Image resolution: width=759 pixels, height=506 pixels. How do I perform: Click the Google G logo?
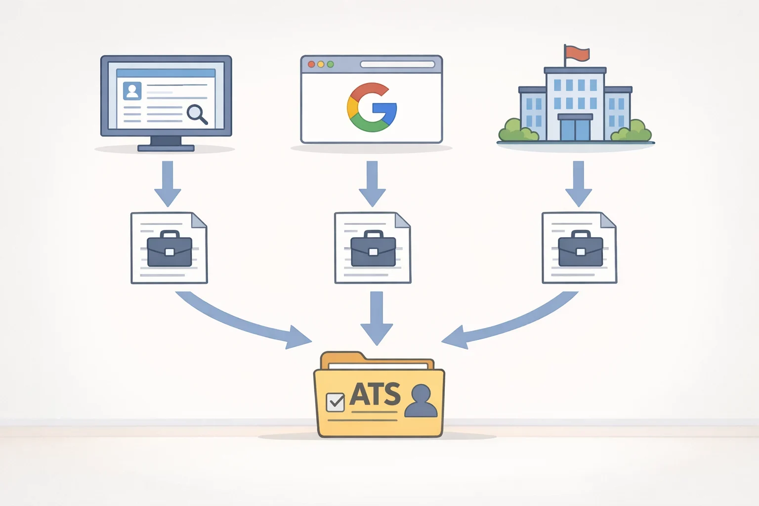pos(372,107)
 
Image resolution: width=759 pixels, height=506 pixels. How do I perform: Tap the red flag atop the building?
pos(578,53)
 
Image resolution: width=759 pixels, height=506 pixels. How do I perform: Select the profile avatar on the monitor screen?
pos(132,90)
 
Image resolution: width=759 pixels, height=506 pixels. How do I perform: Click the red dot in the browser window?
pos(311,64)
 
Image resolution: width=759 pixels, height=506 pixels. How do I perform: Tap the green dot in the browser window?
pos(331,64)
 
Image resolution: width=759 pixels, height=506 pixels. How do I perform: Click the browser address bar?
pos(397,64)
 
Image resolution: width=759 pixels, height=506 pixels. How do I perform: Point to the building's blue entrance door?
pos(575,129)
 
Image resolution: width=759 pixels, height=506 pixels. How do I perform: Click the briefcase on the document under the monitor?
pos(169,249)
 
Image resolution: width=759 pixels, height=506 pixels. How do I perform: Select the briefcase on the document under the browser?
pos(373,249)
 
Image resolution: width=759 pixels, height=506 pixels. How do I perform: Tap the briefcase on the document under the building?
pos(581,249)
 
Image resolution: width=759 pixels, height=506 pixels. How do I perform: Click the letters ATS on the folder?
pos(375,394)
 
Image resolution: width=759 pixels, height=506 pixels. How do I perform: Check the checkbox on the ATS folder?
pos(335,402)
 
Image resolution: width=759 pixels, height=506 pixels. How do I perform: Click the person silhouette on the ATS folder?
pos(421,401)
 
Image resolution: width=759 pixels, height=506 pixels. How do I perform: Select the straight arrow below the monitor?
pos(168,184)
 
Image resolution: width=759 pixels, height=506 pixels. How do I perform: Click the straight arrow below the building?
pos(579,184)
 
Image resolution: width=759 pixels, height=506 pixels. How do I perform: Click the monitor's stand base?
pos(166,148)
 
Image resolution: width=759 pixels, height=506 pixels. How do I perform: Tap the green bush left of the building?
pos(518,130)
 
